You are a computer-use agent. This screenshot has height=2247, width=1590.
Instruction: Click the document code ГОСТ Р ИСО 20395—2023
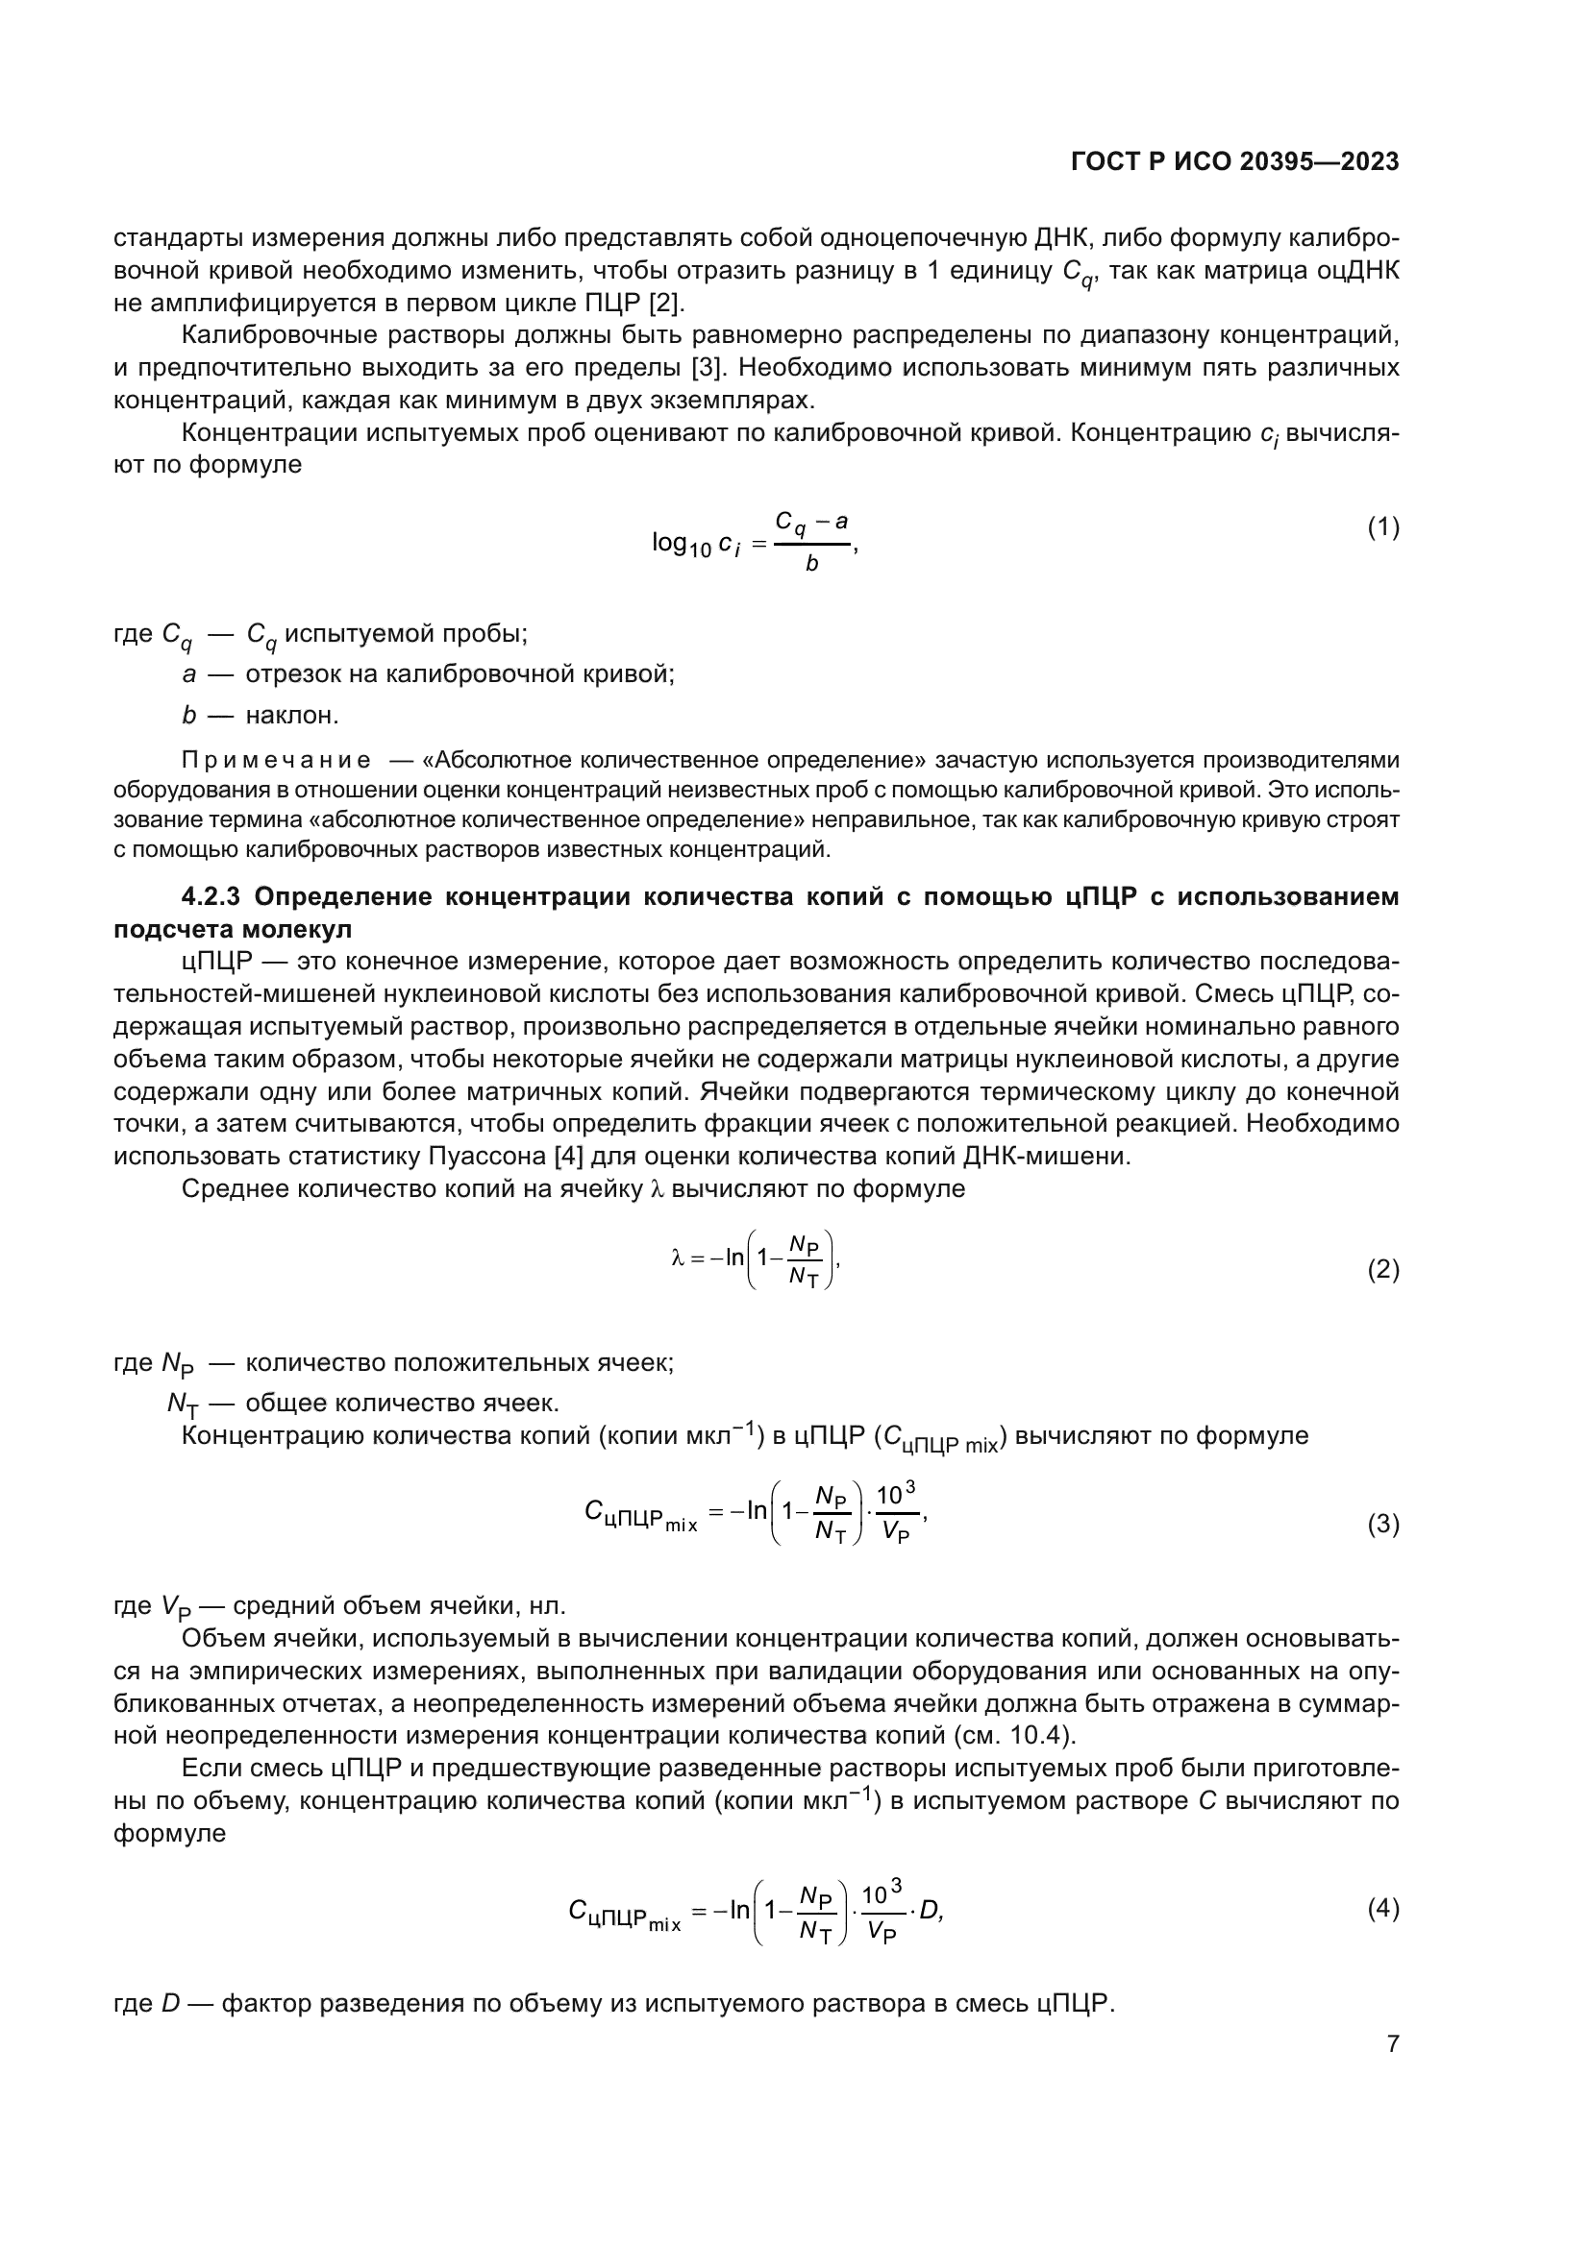1234,162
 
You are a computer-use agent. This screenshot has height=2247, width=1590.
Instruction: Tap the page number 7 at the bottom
1392,2043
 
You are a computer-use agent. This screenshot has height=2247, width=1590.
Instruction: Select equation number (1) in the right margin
1382,527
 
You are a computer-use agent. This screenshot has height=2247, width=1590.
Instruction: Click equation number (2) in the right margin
1382,1270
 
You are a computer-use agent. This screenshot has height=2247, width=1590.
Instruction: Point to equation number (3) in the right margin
1382,1524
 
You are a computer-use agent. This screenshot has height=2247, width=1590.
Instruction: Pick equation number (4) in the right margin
1382,1908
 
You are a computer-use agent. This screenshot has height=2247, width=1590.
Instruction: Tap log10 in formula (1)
682,543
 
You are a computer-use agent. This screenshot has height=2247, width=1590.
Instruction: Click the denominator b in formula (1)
811,565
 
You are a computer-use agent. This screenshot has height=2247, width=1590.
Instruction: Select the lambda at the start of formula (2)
677,1258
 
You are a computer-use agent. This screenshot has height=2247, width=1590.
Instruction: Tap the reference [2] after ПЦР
666,303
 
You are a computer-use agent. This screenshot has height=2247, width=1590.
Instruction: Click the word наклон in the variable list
290,716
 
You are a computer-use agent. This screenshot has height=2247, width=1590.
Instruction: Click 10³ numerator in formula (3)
895,1495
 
